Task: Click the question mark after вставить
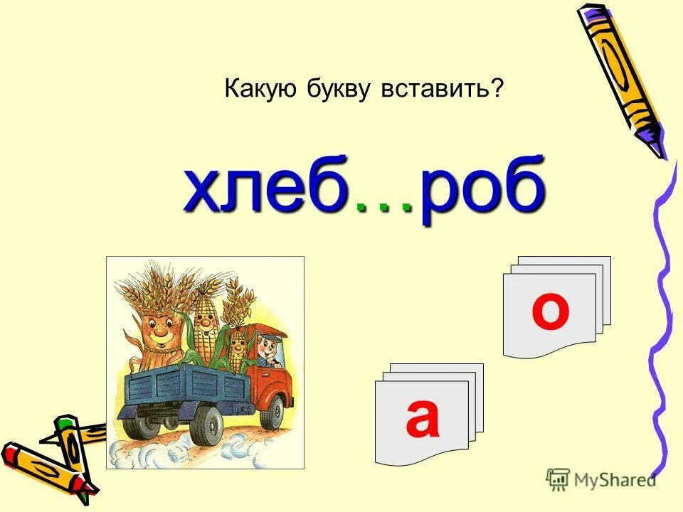(x=497, y=89)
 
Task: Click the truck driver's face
(x=268, y=348)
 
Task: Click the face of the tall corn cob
(x=204, y=324)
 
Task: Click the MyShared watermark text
(x=613, y=480)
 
